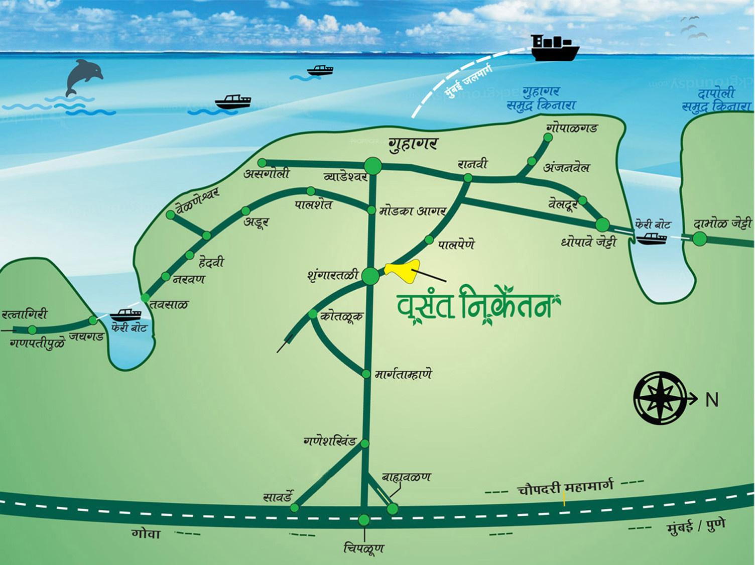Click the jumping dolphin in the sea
83,75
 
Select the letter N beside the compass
712,400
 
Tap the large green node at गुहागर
372,165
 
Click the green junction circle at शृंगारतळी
370,276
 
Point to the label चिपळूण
364,548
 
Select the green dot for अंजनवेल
532,161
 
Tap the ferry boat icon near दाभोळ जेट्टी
652,238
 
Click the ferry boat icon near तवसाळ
125,315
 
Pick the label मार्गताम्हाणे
404,375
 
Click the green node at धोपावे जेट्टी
602,224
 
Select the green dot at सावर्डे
295,508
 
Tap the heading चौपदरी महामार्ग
565,488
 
